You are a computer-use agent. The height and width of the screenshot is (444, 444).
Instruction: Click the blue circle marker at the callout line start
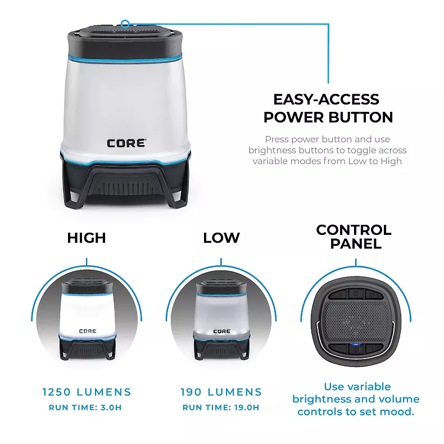[x=125, y=24]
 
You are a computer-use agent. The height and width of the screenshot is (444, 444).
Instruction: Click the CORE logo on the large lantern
[x=126, y=143]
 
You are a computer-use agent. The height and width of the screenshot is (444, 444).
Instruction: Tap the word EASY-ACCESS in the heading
[x=326, y=99]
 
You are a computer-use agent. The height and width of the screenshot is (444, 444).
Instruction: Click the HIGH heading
[x=87, y=238]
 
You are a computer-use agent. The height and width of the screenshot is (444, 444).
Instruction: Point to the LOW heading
[x=221, y=238]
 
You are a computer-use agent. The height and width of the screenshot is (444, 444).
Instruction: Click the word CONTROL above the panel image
[x=354, y=230]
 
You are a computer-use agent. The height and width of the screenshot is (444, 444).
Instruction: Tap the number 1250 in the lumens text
[x=56, y=392]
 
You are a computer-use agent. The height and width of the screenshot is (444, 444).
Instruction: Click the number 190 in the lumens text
[x=191, y=392]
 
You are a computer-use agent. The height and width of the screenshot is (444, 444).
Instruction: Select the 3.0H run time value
[x=111, y=407]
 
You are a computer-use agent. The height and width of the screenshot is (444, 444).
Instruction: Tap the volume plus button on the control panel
[x=371, y=348]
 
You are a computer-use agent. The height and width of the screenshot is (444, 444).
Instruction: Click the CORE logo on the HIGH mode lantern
[x=88, y=331]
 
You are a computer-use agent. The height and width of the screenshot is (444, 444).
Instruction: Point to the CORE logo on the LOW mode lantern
[x=222, y=331]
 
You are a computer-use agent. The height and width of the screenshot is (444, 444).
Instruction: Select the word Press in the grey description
[x=277, y=139]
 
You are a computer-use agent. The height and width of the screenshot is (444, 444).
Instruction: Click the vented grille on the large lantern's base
[x=125, y=189]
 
